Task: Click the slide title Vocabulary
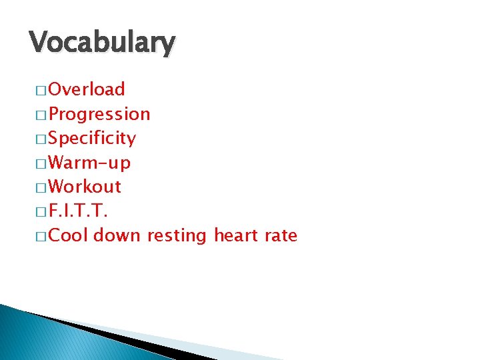(102, 43)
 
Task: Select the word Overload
(87, 89)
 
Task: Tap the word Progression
(99, 114)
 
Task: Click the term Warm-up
(89, 163)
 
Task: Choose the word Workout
(85, 187)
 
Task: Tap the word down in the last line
(117, 235)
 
